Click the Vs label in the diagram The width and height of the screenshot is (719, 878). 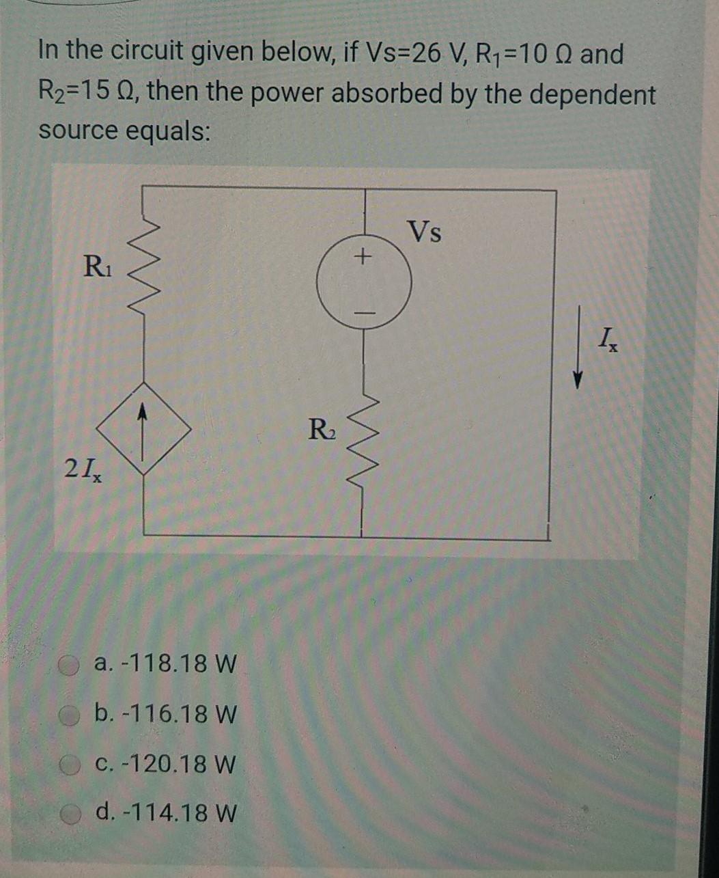(x=424, y=233)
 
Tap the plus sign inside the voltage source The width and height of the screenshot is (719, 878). (x=365, y=258)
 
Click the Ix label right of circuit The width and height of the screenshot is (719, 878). (x=606, y=338)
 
